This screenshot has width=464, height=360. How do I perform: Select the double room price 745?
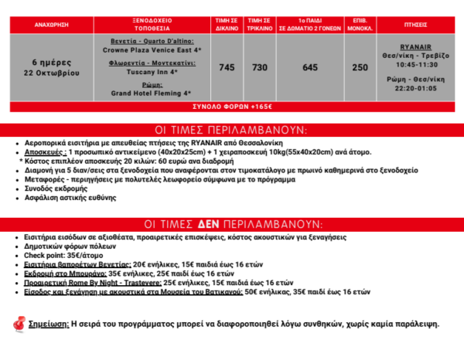(x=227, y=68)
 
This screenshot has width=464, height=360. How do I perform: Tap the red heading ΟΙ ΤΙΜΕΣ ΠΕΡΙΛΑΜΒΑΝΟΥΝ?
(x=231, y=129)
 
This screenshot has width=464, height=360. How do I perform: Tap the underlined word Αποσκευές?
(x=46, y=152)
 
